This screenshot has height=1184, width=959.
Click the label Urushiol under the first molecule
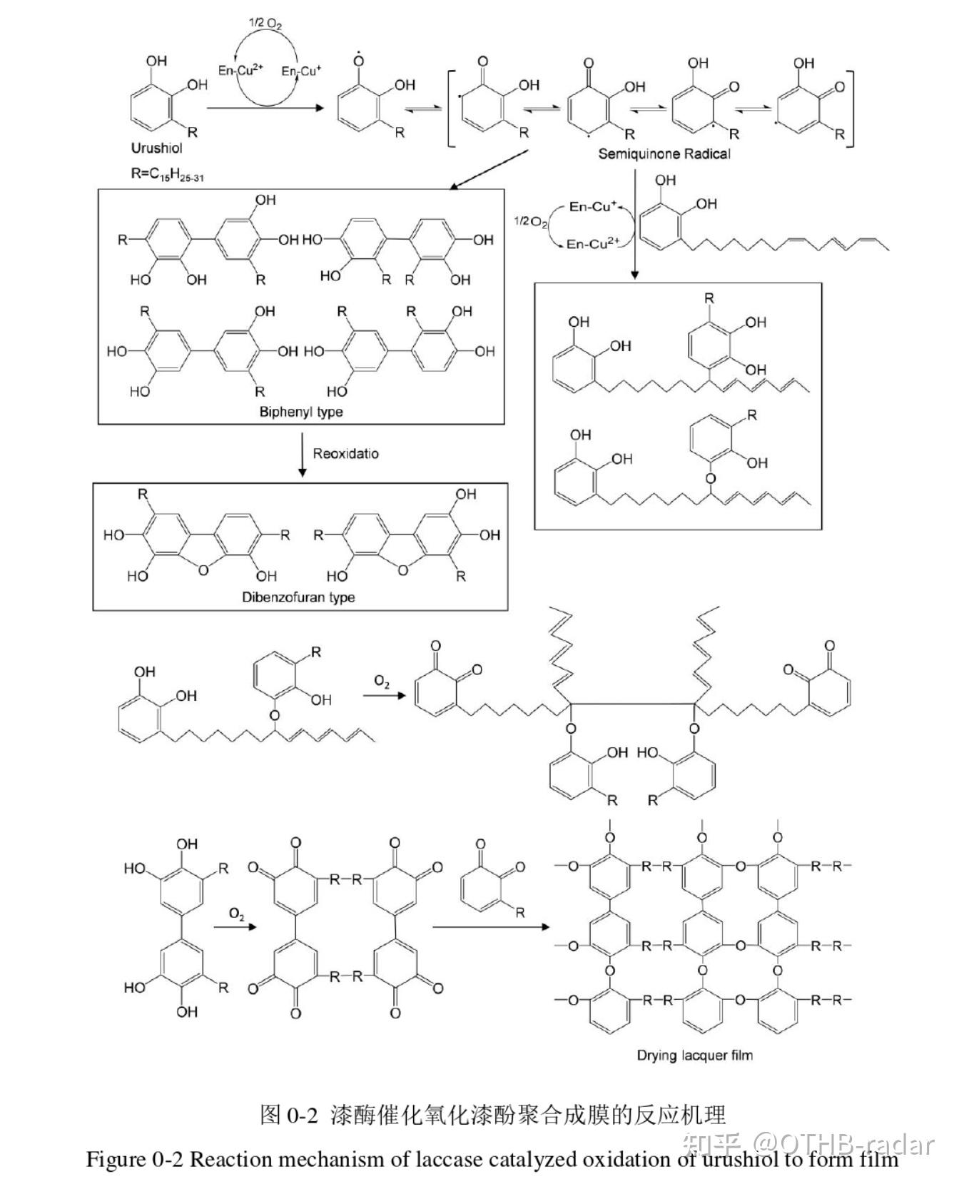pos(156,148)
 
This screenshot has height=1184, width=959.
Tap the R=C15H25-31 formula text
pos(167,173)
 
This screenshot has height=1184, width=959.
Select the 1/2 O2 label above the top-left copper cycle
pos(265,24)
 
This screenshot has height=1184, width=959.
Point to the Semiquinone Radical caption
pos(664,153)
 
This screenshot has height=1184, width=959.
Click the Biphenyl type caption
pos(301,412)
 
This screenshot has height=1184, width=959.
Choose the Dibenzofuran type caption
pos(298,597)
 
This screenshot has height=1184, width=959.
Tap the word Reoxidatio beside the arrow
pos(346,453)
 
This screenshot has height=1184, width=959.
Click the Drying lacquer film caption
pos(694,1055)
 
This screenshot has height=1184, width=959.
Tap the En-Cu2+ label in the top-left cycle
pos(240,69)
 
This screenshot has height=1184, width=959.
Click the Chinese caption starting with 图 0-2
pos(493,1114)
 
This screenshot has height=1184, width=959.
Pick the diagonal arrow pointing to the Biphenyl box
pos(489,169)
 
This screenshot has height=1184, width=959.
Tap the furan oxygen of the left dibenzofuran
pos(204,570)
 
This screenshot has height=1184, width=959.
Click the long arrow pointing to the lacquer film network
pos(492,927)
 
